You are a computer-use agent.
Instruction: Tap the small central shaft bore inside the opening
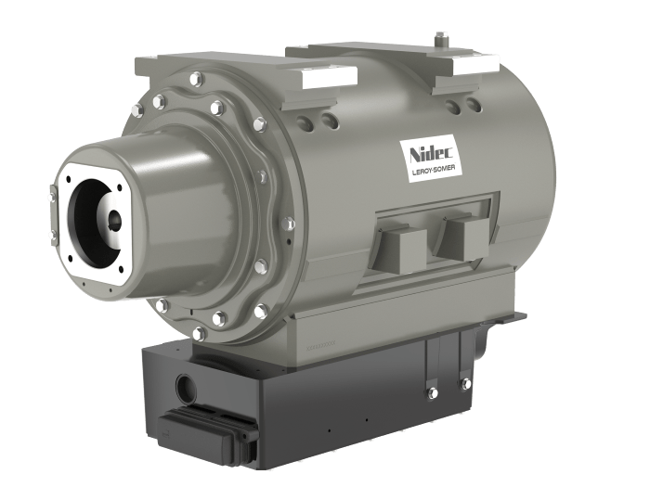(113, 220)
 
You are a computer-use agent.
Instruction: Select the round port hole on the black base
(186, 382)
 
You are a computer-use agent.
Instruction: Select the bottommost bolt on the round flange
(198, 332)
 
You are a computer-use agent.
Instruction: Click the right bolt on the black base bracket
(465, 382)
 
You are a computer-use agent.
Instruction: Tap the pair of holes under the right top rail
(459, 108)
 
